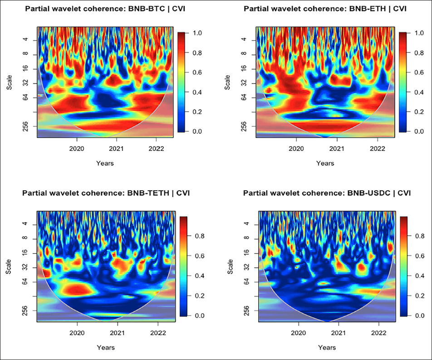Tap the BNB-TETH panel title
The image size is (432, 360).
click(106, 193)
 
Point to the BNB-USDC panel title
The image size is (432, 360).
click(327, 193)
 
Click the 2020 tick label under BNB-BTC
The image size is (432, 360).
click(77, 148)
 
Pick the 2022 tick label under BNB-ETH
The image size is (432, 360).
click(377, 148)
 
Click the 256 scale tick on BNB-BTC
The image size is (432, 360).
click(25, 125)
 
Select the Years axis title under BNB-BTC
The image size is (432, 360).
click(105, 163)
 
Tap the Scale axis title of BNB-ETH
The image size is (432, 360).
click(228, 82)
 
